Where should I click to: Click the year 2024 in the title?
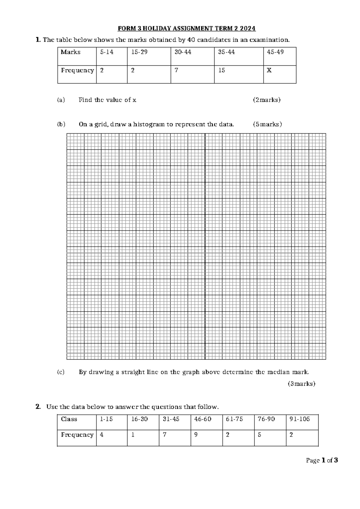tap(247, 29)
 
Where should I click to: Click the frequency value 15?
tap(222, 71)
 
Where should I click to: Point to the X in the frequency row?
tap(269, 71)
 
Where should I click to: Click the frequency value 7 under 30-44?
tap(176, 71)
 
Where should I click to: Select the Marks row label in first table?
tap(70, 52)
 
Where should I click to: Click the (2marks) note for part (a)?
tap(267, 100)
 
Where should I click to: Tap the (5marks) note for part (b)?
tap(267, 124)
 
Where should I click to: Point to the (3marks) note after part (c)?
tap(301, 384)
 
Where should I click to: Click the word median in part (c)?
tap(275, 372)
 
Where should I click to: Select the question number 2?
tap(38, 407)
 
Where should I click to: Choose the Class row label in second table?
tap(69, 419)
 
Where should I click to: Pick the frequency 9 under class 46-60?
tap(196, 435)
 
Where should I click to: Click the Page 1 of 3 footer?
tap(322, 460)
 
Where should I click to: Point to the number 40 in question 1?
tap(190, 40)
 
